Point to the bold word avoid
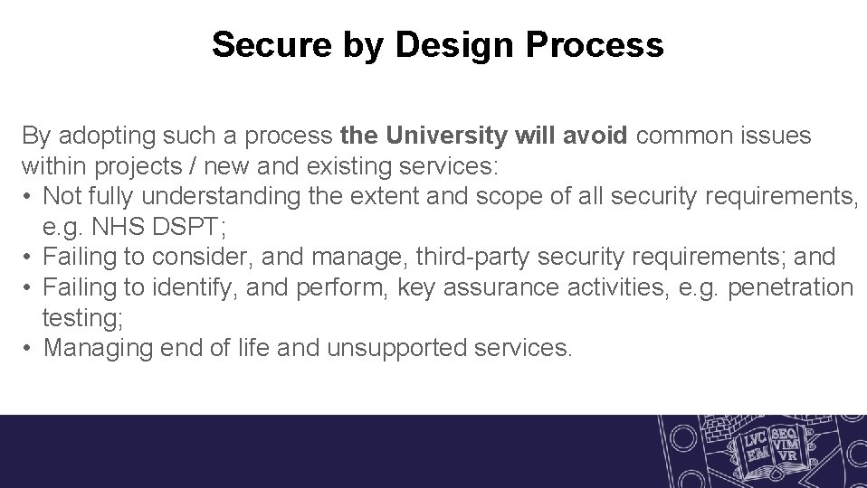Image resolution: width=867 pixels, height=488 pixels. click(594, 136)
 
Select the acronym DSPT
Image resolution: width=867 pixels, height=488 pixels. click(188, 227)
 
